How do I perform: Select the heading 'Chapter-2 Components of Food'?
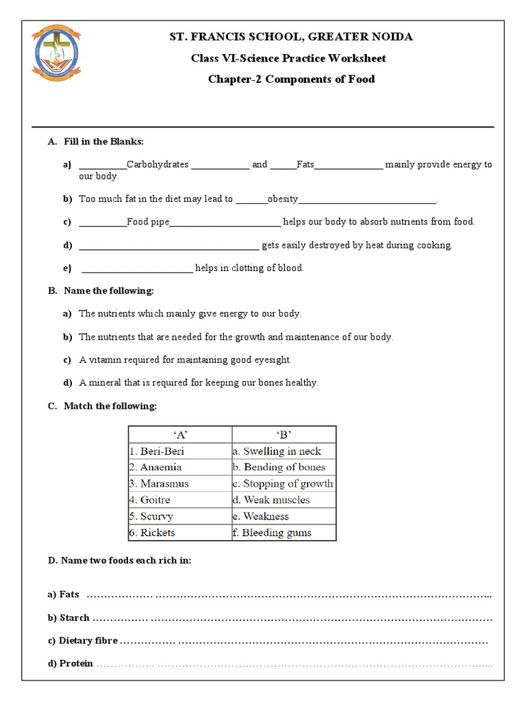pyautogui.click(x=291, y=79)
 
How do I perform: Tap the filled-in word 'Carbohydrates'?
pyautogui.click(x=158, y=164)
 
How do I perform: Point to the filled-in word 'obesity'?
pyautogui.click(x=283, y=199)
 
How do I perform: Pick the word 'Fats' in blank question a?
pyautogui.click(x=305, y=164)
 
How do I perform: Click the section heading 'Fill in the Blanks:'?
pyautogui.click(x=103, y=142)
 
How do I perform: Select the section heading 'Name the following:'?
pyautogui.click(x=109, y=291)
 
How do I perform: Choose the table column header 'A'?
pyautogui.click(x=180, y=434)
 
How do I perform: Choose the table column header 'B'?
pyautogui.click(x=284, y=434)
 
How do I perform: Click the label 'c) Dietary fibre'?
pyautogui.click(x=83, y=641)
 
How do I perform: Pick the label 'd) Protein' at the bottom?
pyautogui.click(x=70, y=664)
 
